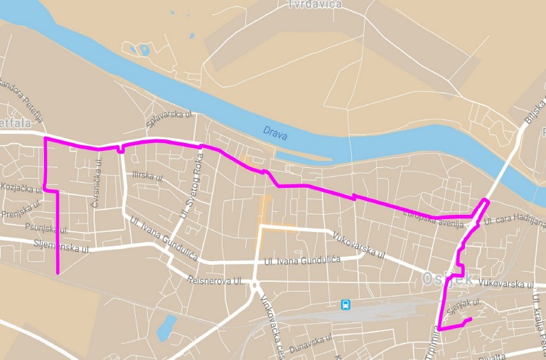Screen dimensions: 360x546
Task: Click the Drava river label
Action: tap(274, 131)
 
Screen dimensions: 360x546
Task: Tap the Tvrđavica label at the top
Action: tap(316, 4)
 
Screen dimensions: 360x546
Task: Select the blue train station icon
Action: tap(346, 305)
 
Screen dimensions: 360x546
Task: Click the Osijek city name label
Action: tap(448, 279)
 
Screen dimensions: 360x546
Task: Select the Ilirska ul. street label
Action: tap(148, 176)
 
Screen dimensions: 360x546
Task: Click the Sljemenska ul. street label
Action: tap(63, 247)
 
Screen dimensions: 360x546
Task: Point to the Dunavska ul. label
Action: tap(311, 341)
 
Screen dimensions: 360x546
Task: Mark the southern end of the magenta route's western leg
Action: tap(58, 272)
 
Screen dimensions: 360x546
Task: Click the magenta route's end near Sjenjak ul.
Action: tap(471, 318)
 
